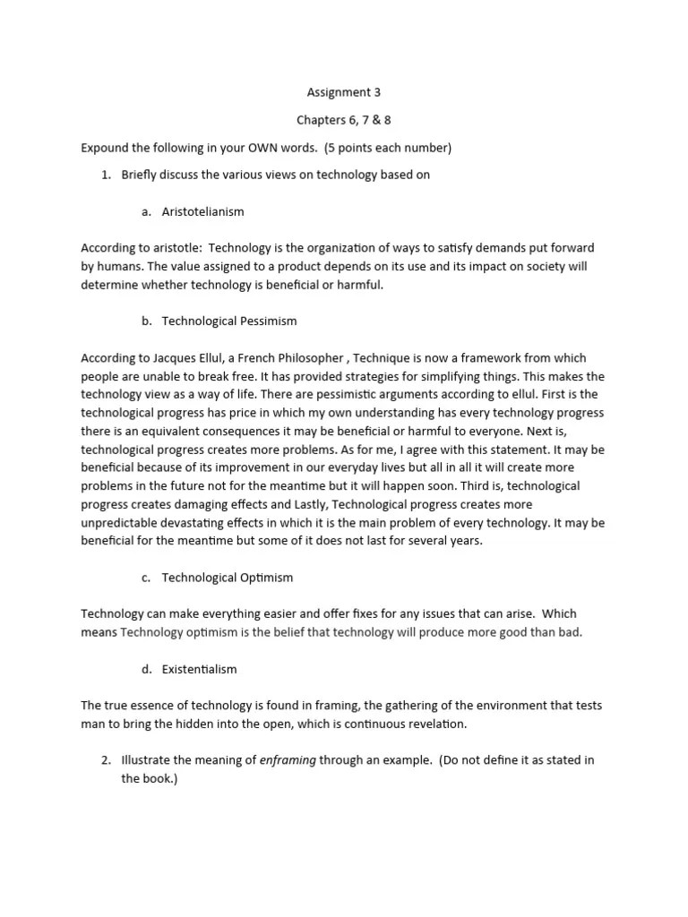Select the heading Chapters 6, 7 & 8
click(344, 119)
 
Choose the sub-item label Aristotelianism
click(202, 212)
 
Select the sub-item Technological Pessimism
click(229, 321)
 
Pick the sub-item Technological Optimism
click(228, 578)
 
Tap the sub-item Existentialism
click(200, 669)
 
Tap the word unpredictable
click(122, 522)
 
